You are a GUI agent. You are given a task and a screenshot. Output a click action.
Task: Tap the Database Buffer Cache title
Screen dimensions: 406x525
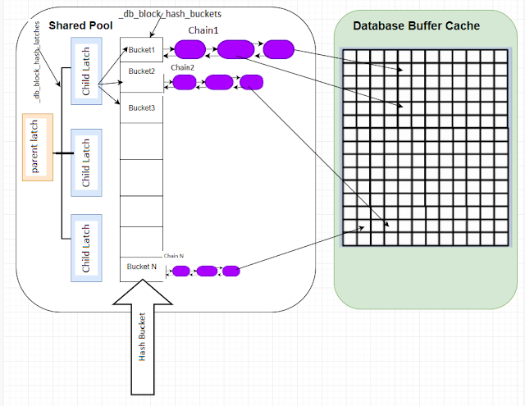click(417, 26)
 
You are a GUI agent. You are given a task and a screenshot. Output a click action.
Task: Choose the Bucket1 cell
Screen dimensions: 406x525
click(141, 50)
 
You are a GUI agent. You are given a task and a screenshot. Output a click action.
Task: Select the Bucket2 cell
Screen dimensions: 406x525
click(141, 71)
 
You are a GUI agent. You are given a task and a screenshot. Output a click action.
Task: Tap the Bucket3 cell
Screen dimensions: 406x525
click(141, 107)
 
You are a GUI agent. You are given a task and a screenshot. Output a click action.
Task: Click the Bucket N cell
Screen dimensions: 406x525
click(141, 267)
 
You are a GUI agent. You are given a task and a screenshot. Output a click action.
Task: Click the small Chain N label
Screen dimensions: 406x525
click(174, 256)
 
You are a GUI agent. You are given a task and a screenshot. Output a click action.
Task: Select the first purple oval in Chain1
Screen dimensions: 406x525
click(189, 49)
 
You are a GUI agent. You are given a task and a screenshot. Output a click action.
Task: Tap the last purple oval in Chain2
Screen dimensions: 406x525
click(251, 82)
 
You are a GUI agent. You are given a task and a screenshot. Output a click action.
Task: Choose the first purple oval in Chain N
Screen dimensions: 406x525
click(181, 271)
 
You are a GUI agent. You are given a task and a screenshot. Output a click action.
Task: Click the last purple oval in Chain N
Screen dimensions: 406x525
click(231, 271)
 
